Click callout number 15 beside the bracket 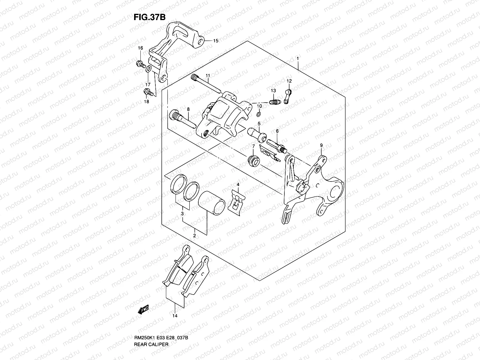216,41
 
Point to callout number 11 207,75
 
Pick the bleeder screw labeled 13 274,102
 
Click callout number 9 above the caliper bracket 321,145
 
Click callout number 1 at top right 297,59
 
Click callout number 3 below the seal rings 182,213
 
